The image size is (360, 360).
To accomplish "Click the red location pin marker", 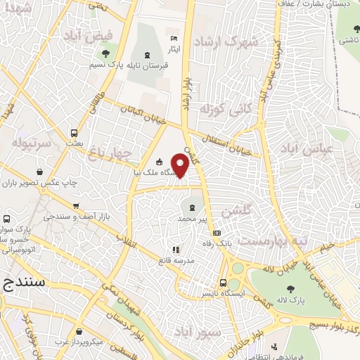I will pos(180,165).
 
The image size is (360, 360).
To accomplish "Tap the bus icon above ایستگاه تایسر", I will pos(223,283).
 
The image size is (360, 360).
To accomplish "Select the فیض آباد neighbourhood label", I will pos(87,34).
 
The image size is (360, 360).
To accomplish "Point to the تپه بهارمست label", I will pos(272,240).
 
